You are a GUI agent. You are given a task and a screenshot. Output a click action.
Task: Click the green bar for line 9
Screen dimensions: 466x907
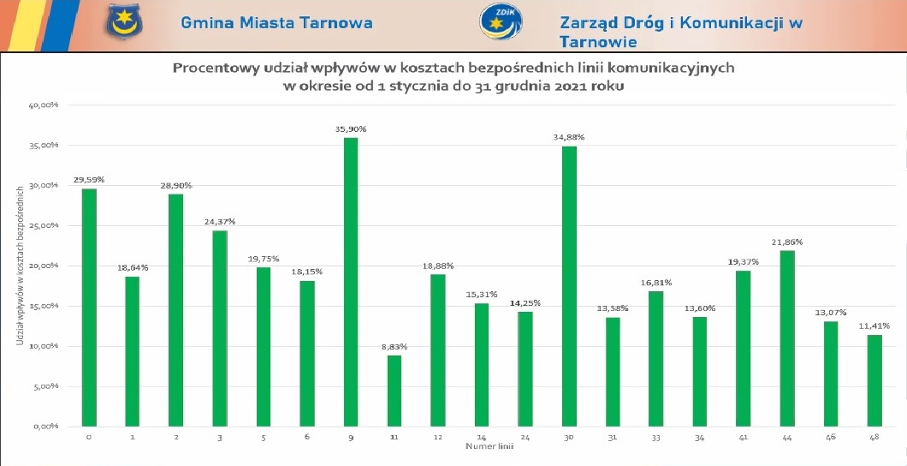click(350, 282)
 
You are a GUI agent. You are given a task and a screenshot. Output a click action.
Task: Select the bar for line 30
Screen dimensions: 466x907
click(569, 286)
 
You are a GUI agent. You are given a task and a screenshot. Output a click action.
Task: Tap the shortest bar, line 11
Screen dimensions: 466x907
click(394, 391)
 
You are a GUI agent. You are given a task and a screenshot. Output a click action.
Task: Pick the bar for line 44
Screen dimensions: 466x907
click(787, 338)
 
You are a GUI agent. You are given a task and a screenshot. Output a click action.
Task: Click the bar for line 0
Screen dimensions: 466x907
click(89, 308)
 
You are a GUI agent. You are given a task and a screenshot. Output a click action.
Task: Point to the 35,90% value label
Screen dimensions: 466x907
click(351, 129)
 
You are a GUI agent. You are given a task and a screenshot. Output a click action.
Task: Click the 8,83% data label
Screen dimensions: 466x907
click(394, 347)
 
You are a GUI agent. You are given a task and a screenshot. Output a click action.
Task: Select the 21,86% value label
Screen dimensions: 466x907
click(788, 242)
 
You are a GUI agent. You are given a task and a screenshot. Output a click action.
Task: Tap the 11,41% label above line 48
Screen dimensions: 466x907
click(874, 326)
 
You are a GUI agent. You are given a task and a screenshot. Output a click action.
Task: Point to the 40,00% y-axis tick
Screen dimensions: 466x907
click(44, 105)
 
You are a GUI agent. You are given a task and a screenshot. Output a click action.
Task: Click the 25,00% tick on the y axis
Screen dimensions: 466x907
click(44, 226)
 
